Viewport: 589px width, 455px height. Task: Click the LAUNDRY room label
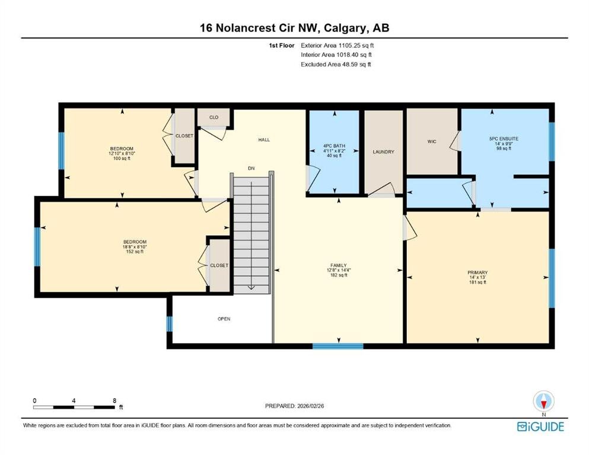coord(384,152)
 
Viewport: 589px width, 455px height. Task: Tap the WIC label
coord(432,142)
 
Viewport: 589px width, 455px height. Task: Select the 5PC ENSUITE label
coord(504,139)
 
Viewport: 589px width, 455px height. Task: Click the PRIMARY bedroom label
coord(477,273)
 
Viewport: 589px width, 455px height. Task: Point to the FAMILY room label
coord(339,265)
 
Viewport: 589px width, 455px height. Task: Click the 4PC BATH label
coord(334,146)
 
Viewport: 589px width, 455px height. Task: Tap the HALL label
coord(264,140)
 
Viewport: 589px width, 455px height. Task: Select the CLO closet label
coord(214,117)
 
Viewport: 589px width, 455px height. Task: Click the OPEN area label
coord(224,319)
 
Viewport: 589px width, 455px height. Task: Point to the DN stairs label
coord(251,168)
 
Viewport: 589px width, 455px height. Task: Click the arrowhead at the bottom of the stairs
coord(251,288)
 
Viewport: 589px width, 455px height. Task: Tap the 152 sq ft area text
coord(135,252)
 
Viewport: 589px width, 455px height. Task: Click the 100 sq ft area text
coord(122,159)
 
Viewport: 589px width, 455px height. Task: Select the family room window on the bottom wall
coord(338,346)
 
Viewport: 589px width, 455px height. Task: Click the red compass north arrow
coord(543,403)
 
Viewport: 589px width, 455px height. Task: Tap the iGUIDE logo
coord(540,427)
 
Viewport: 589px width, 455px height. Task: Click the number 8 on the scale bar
coord(114,400)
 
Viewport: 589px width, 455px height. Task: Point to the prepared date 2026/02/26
coord(311,406)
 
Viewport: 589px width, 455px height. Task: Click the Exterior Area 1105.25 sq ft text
coord(338,46)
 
